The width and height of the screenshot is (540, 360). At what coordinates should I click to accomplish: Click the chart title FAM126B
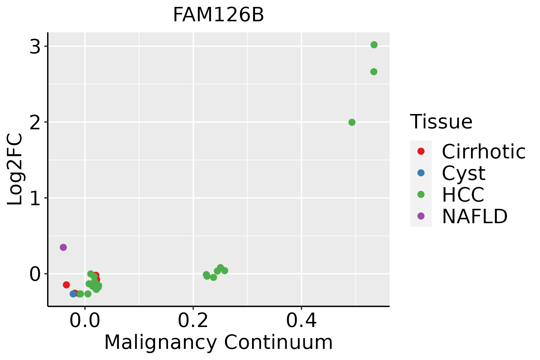pyautogui.click(x=218, y=15)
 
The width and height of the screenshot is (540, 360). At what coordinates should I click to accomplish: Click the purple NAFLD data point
pyautogui.click(x=63, y=247)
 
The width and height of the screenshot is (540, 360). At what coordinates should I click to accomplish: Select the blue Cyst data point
pyautogui.click(x=73, y=294)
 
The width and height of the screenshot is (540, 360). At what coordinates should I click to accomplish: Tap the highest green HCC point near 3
pyautogui.click(x=374, y=45)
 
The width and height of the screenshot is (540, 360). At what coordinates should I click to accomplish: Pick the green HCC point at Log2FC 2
pyautogui.click(x=352, y=122)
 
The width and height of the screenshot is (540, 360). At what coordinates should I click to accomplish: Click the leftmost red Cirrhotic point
pyautogui.click(x=66, y=285)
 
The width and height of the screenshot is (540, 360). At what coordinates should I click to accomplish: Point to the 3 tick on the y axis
pyautogui.click(x=35, y=46)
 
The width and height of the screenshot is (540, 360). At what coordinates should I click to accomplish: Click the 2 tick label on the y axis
pyautogui.click(x=35, y=122)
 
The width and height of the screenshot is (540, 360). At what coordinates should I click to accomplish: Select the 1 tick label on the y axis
pyautogui.click(x=35, y=198)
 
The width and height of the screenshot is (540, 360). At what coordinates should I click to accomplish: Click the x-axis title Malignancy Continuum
pyautogui.click(x=218, y=342)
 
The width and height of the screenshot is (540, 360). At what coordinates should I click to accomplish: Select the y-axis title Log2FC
pyautogui.click(x=15, y=169)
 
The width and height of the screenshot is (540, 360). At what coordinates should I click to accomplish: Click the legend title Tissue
pyautogui.click(x=441, y=122)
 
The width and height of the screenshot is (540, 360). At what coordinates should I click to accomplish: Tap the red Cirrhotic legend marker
pyautogui.click(x=421, y=151)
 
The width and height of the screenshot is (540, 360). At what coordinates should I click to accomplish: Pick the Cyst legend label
pyautogui.click(x=463, y=173)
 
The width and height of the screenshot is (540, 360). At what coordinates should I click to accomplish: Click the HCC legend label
pyautogui.click(x=463, y=194)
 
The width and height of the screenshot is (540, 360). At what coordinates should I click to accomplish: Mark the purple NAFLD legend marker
pyautogui.click(x=421, y=216)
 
